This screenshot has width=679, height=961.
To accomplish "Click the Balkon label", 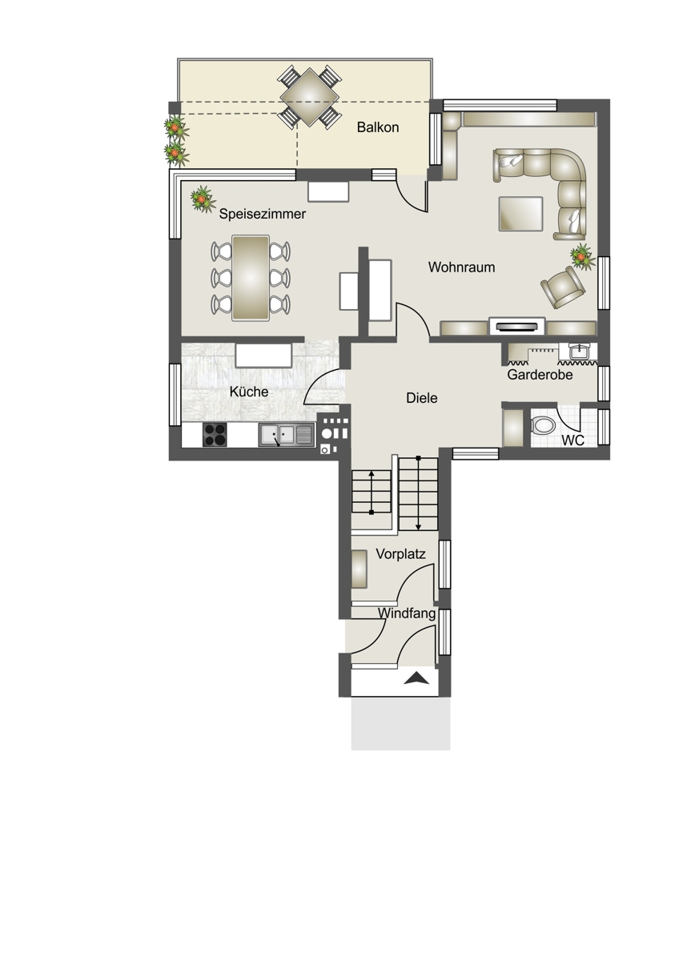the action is pos(377,127).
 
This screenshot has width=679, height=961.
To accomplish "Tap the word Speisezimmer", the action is pos(262,214).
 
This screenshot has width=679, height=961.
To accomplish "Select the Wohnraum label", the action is pos(461,267).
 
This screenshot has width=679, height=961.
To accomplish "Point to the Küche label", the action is pos(249,392).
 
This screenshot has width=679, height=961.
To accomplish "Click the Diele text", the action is pos(422,398).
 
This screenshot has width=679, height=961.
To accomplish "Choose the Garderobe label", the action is pos(540,375).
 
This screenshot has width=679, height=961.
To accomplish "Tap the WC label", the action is pos(573,440).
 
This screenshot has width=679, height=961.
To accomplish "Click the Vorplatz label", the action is pos(400,554).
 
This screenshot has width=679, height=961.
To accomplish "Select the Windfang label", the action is pos(407,613).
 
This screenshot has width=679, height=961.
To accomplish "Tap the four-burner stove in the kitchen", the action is pos(215,435).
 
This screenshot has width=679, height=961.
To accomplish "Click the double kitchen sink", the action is pos(286,435).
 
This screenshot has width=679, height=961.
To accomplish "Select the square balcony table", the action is pos(310,98).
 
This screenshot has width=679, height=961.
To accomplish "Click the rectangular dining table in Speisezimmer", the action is pos(251,278).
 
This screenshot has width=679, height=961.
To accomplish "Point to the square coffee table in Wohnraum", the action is pos(520,214).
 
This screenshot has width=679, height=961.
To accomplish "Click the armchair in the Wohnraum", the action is pos(563,287).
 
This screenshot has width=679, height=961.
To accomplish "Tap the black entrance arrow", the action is pos(417,678).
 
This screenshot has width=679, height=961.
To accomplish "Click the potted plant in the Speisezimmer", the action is pos(202,199).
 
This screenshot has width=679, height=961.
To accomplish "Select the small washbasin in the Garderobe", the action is pos(581,352).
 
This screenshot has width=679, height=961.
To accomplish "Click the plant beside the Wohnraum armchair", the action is pos(582,256).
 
